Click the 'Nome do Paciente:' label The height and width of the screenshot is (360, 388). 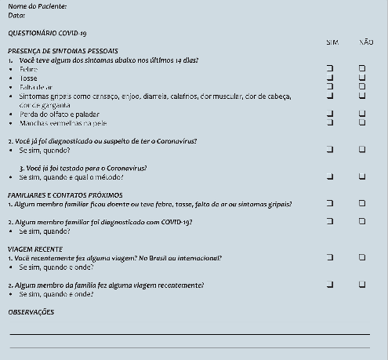point(37,6)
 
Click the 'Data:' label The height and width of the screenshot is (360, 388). point(16,15)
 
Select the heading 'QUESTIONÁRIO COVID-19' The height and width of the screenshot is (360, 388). point(47,33)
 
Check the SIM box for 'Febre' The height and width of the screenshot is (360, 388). point(330,69)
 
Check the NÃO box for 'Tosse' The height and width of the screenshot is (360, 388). point(362,78)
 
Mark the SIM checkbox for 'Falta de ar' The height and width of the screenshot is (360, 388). point(330,86)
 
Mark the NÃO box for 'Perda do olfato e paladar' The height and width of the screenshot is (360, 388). point(362,114)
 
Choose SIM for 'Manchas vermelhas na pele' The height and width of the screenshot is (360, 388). point(330,122)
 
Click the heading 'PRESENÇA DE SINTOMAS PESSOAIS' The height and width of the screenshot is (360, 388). point(63,50)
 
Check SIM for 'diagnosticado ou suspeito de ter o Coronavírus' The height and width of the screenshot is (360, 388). point(330,149)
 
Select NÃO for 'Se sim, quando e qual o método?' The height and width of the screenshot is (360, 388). point(362,176)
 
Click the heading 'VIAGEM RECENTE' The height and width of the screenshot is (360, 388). point(31,249)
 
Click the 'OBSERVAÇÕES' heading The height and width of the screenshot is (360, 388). point(31,312)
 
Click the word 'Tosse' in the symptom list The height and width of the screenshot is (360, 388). point(29,78)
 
